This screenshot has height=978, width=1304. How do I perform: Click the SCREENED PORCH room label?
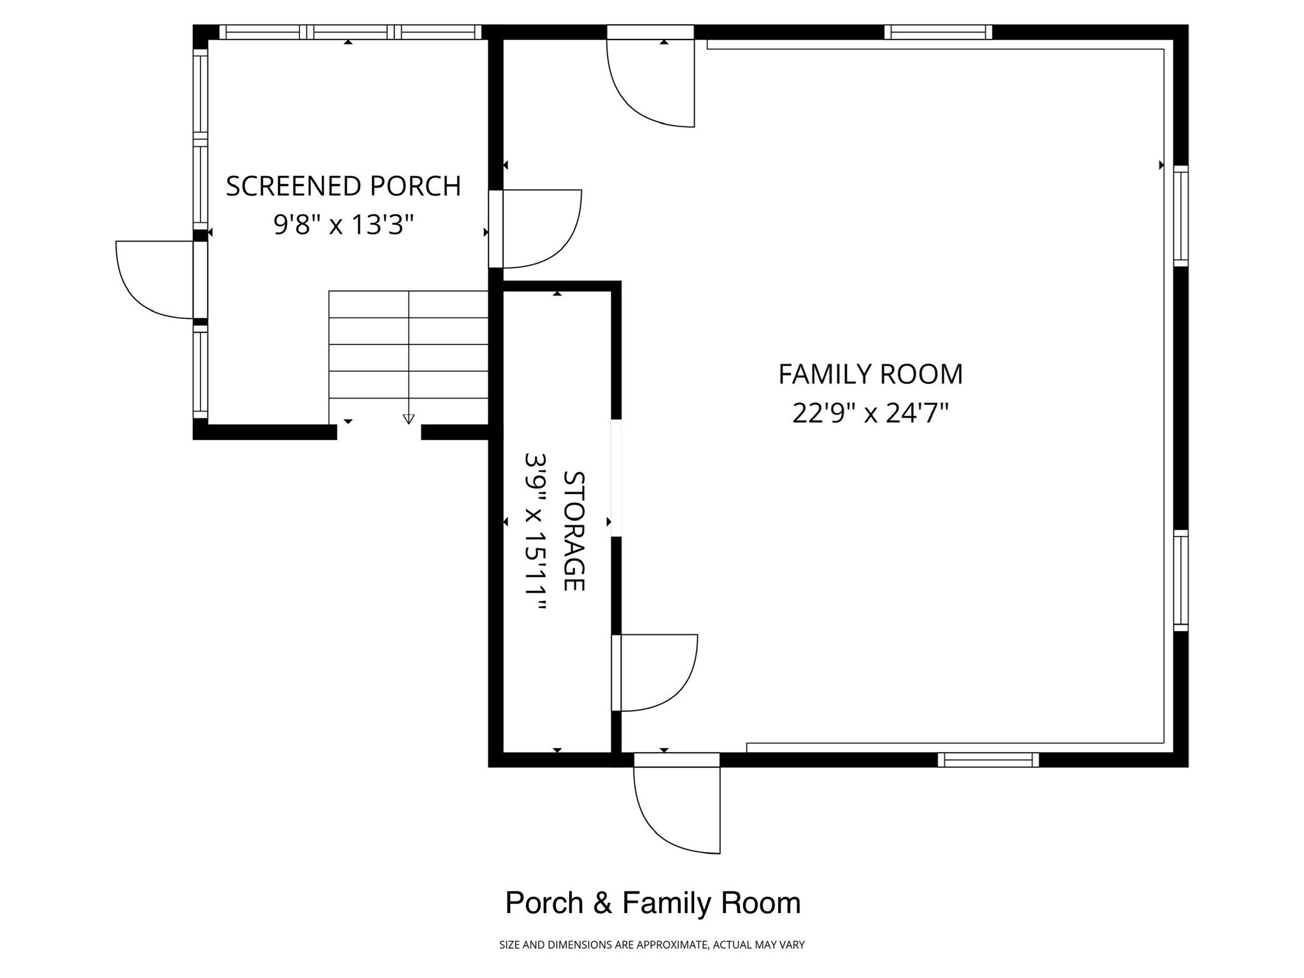(343, 186)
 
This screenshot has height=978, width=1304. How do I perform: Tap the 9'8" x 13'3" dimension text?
(344, 224)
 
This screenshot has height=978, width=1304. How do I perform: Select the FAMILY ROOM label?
(870, 374)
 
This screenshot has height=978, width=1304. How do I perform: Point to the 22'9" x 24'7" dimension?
(870, 413)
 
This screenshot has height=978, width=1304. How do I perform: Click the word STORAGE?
(574, 530)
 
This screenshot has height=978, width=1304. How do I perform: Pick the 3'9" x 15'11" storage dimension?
(535, 532)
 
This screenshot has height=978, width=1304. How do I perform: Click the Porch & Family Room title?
(653, 903)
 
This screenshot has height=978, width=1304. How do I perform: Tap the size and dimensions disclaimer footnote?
(652, 945)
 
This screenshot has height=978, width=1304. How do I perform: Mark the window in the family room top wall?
(938, 32)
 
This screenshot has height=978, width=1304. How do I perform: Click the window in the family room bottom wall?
(988, 760)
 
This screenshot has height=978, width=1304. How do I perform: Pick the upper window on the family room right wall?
(1180, 216)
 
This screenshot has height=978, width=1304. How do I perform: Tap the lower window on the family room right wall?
(1180, 581)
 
